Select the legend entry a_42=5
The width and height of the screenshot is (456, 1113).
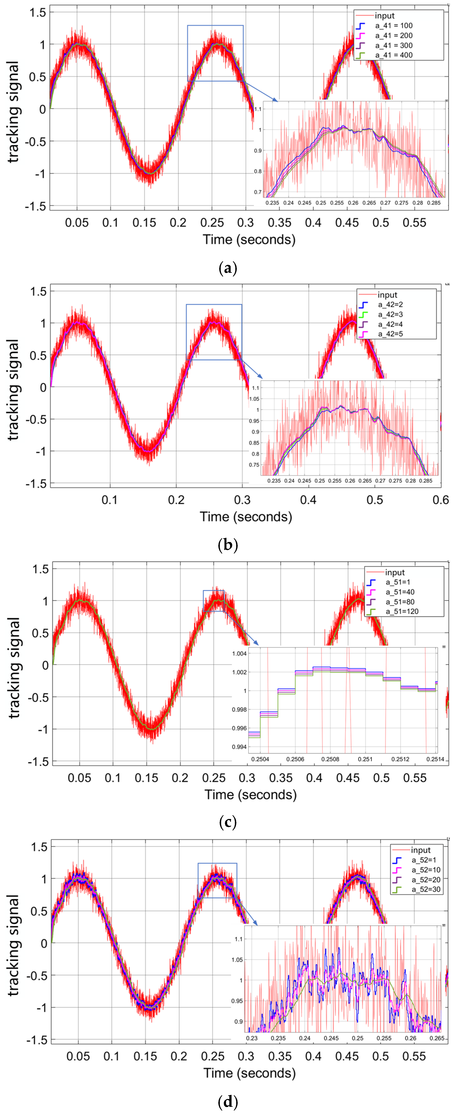coord(390,334)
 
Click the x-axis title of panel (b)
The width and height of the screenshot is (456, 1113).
coord(246,517)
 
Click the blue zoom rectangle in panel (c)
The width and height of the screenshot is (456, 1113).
coord(213,601)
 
